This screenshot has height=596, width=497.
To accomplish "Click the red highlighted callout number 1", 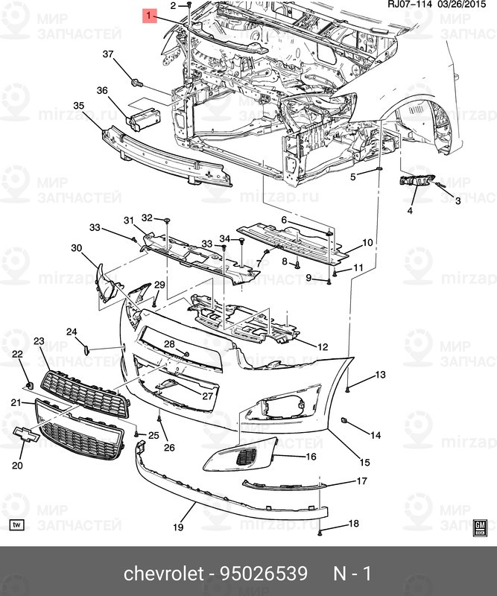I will [x=150, y=15].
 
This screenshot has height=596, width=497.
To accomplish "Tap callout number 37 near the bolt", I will [x=108, y=54].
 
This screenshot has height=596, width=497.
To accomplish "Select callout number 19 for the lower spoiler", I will [x=178, y=527].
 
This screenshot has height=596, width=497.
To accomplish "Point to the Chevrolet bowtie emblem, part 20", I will [x=24, y=436].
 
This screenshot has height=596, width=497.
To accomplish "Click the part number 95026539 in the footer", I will [x=263, y=574].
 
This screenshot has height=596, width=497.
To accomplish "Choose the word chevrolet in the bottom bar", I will [x=163, y=574].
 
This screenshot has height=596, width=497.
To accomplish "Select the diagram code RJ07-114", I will [x=409, y=5].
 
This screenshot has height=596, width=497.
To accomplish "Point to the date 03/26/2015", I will [x=465, y=5].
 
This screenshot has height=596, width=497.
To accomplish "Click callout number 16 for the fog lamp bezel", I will [x=310, y=457].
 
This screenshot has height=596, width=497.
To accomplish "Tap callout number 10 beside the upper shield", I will [x=367, y=243].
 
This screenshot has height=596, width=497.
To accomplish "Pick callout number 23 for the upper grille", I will [x=39, y=341].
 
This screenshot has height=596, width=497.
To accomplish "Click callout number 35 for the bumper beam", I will [x=78, y=107].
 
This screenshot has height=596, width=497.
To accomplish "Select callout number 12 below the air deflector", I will [x=323, y=347].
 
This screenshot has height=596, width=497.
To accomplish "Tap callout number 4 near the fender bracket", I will [x=409, y=211].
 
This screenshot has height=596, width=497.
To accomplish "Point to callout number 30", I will [x=77, y=248].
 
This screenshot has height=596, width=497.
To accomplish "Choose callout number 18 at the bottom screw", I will [x=354, y=524].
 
